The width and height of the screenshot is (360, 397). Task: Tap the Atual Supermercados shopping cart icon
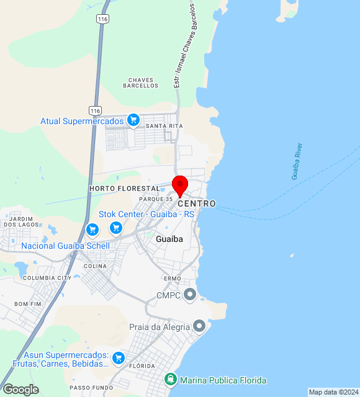(x=133, y=120)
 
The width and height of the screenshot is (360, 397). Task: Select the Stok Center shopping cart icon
(x=115, y=228)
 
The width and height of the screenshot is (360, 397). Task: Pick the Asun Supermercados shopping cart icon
(x=119, y=358)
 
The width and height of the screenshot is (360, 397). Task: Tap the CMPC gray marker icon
(x=190, y=295)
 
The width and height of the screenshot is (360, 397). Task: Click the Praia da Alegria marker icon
(x=199, y=326)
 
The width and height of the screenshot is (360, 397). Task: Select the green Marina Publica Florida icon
(x=170, y=379)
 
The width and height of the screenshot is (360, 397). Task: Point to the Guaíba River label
(x=297, y=161)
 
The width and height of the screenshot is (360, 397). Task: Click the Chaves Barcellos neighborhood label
(x=141, y=83)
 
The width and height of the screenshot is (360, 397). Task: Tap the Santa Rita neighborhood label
(x=164, y=126)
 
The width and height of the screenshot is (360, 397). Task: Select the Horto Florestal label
(x=125, y=188)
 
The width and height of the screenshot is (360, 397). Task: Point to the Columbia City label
(x=47, y=278)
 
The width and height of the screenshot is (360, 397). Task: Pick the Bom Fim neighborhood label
(x=27, y=304)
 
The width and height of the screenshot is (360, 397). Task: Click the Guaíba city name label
(x=169, y=239)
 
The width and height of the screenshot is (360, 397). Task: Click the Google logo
(x=20, y=389)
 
